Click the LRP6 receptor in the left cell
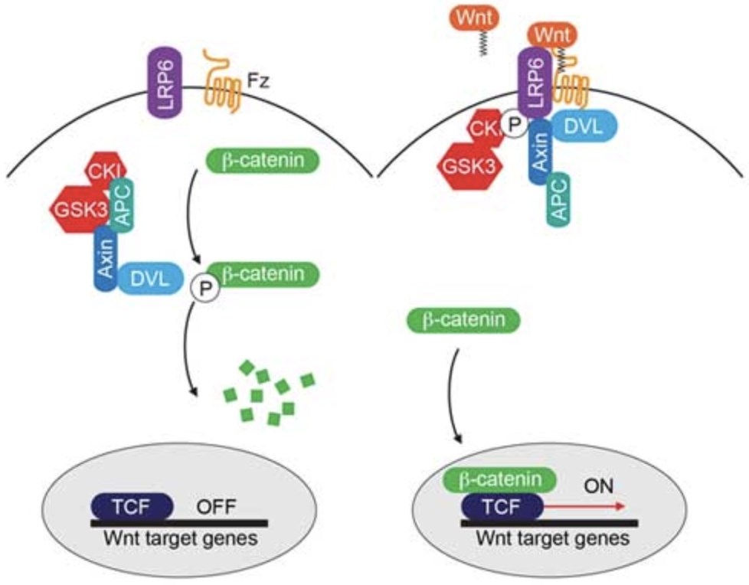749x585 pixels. pos(165,83)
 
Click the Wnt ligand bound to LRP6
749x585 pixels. pos(552,34)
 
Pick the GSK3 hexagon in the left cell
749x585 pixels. pos(80,210)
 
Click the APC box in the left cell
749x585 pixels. pos(122,206)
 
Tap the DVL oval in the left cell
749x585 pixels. pos(149,278)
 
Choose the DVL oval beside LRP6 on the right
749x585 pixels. pos(584,126)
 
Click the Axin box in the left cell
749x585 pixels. pos(105,258)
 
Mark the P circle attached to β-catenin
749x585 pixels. pos(205,289)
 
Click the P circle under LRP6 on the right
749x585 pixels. pos(514,125)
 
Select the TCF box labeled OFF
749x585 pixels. pos(132,507)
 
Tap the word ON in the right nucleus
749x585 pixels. pos(599,486)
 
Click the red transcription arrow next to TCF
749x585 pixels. pos(584,506)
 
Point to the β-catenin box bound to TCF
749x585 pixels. pos(500,480)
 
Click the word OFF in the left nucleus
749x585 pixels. pos(217,507)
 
